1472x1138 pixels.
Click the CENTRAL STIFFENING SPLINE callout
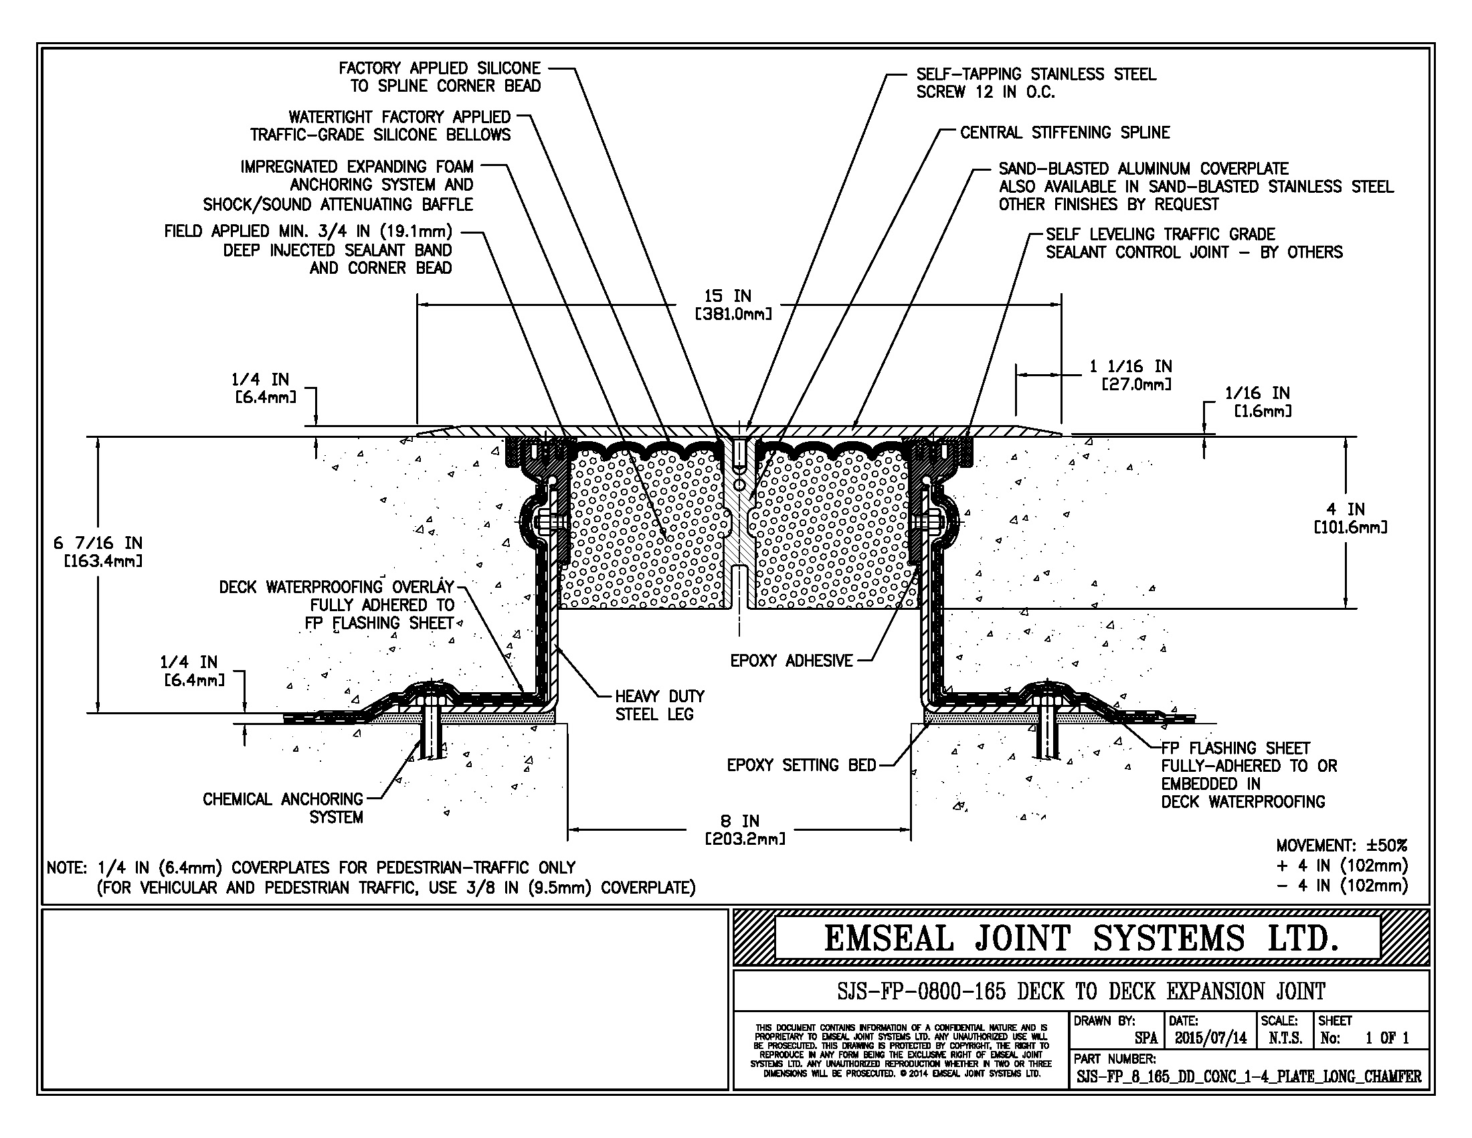click(x=1065, y=132)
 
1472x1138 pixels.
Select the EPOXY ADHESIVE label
click(x=792, y=661)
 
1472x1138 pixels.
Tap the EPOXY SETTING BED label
click(x=801, y=765)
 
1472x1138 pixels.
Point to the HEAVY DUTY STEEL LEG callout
click(x=659, y=705)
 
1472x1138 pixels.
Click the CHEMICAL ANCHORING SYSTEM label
click(x=283, y=808)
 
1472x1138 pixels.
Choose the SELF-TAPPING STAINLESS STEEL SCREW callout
click(x=1035, y=83)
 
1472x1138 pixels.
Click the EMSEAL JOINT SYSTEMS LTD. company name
click(x=1081, y=939)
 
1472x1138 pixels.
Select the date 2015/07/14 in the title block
click(x=1210, y=1038)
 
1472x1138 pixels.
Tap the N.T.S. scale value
click(x=1285, y=1038)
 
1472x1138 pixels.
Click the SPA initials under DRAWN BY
click(x=1145, y=1038)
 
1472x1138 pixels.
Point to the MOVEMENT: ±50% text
click(x=1342, y=845)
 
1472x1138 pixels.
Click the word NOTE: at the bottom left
click(x=67, y=868)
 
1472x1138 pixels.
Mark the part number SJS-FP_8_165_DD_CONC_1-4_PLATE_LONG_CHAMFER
click(x=1249, y=1076)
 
